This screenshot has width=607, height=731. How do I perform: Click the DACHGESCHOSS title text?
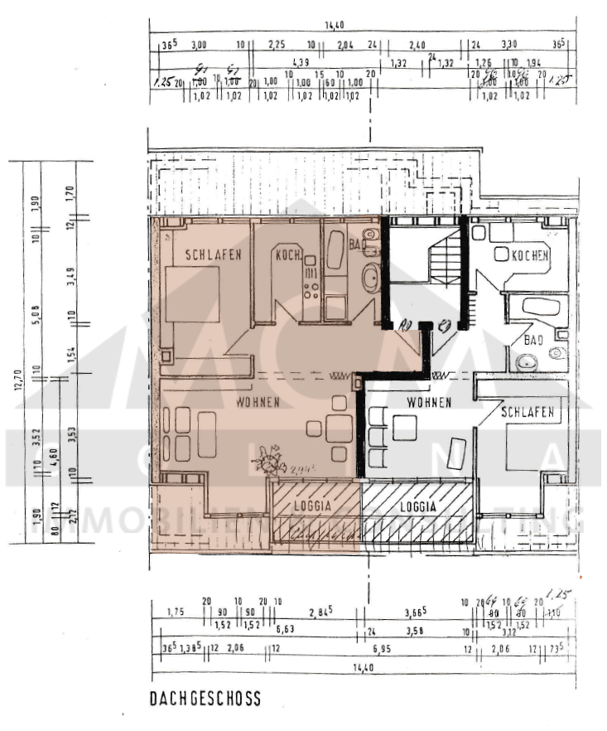205,699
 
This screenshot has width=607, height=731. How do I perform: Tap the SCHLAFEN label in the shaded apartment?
213,255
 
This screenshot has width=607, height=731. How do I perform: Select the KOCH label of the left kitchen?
289,255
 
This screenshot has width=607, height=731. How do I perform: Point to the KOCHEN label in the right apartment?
529,257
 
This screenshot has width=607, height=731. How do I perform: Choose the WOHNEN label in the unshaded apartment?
428,403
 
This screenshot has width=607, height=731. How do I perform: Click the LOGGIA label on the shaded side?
312,504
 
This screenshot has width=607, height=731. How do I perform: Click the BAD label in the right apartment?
533,340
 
